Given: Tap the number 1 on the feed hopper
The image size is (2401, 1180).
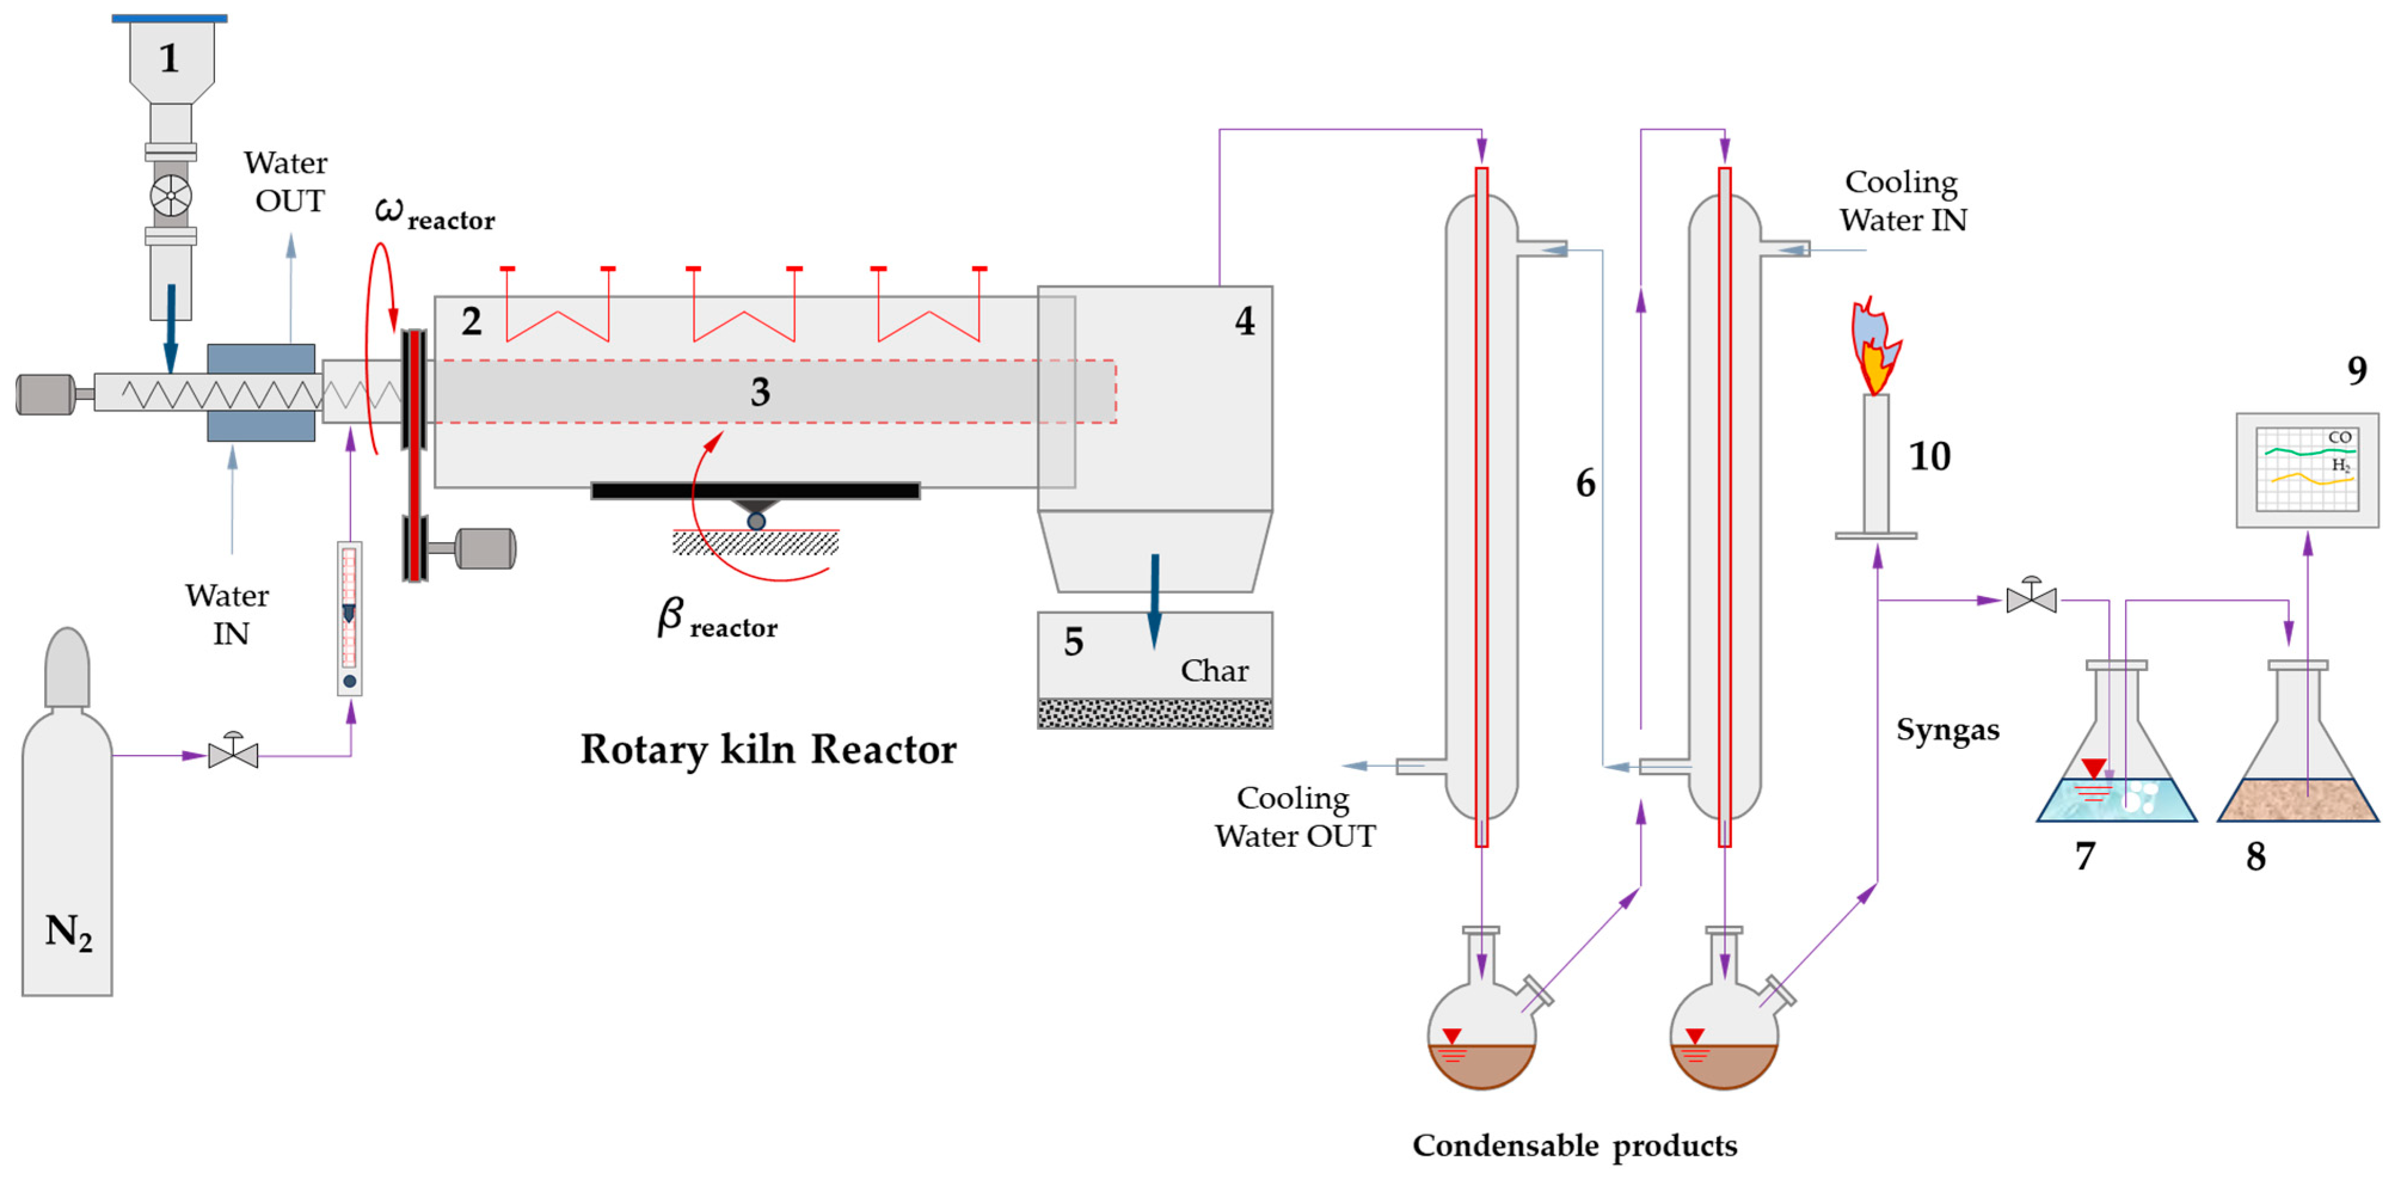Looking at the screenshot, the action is pyautogui.click(x=169, y=58).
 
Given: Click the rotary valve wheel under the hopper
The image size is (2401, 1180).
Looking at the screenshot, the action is pyautogui.click(x=171, y=196).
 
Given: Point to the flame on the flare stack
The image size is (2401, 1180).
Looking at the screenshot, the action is pyautogui.click(x=1874, y=346).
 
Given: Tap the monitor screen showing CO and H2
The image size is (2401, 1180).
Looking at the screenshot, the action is pyautogui.click(x=2307, y=470).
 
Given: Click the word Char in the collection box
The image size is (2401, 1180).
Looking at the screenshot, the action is pyautogui.click(x=1215, y=670).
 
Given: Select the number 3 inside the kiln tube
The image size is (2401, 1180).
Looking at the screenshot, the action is pyautogui.click(x=761, y=392).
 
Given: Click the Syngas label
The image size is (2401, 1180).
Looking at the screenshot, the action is pyautogui.click(x=1948, y=730).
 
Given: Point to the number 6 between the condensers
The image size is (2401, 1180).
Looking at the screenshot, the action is pyautogui.click(x=1585, y=483).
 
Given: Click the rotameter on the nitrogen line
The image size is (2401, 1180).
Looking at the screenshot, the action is pyautogui.click(x=349, y=619).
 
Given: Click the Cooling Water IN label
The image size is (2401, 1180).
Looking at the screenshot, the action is pyautogui.click(x=1902, y=201).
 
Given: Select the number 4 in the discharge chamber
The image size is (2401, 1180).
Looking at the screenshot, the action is pyautogui.click(x=1244, y=321).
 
